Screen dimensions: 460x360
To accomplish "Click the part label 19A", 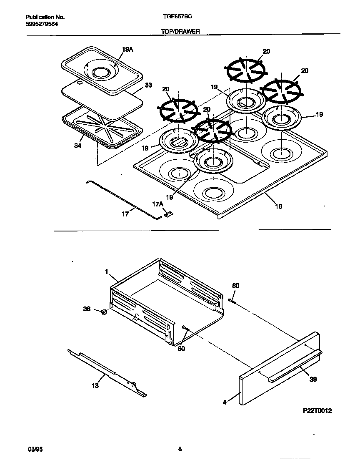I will (x=127, y=50).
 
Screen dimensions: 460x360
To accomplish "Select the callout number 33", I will (x=148, y=85).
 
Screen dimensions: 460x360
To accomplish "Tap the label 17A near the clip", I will (x=157, y=204).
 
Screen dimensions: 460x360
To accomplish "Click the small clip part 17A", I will (x=168, y=214).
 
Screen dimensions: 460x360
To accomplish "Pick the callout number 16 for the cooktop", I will (x=278, y=206).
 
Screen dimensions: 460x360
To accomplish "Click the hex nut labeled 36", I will (x=104, y=312).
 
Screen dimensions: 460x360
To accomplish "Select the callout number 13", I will (x=95, y=385).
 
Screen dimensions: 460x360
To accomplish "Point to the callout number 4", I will (x=225, y=402).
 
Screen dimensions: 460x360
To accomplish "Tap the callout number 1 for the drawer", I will (x=107, y=271).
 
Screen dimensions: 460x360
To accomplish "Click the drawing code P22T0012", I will (x=317, y=411).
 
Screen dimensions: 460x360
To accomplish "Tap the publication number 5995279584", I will (x=42, y=23).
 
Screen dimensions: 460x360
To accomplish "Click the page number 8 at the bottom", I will (x=180, y=449).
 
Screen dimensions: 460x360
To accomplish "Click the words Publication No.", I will (x=45, y=18).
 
